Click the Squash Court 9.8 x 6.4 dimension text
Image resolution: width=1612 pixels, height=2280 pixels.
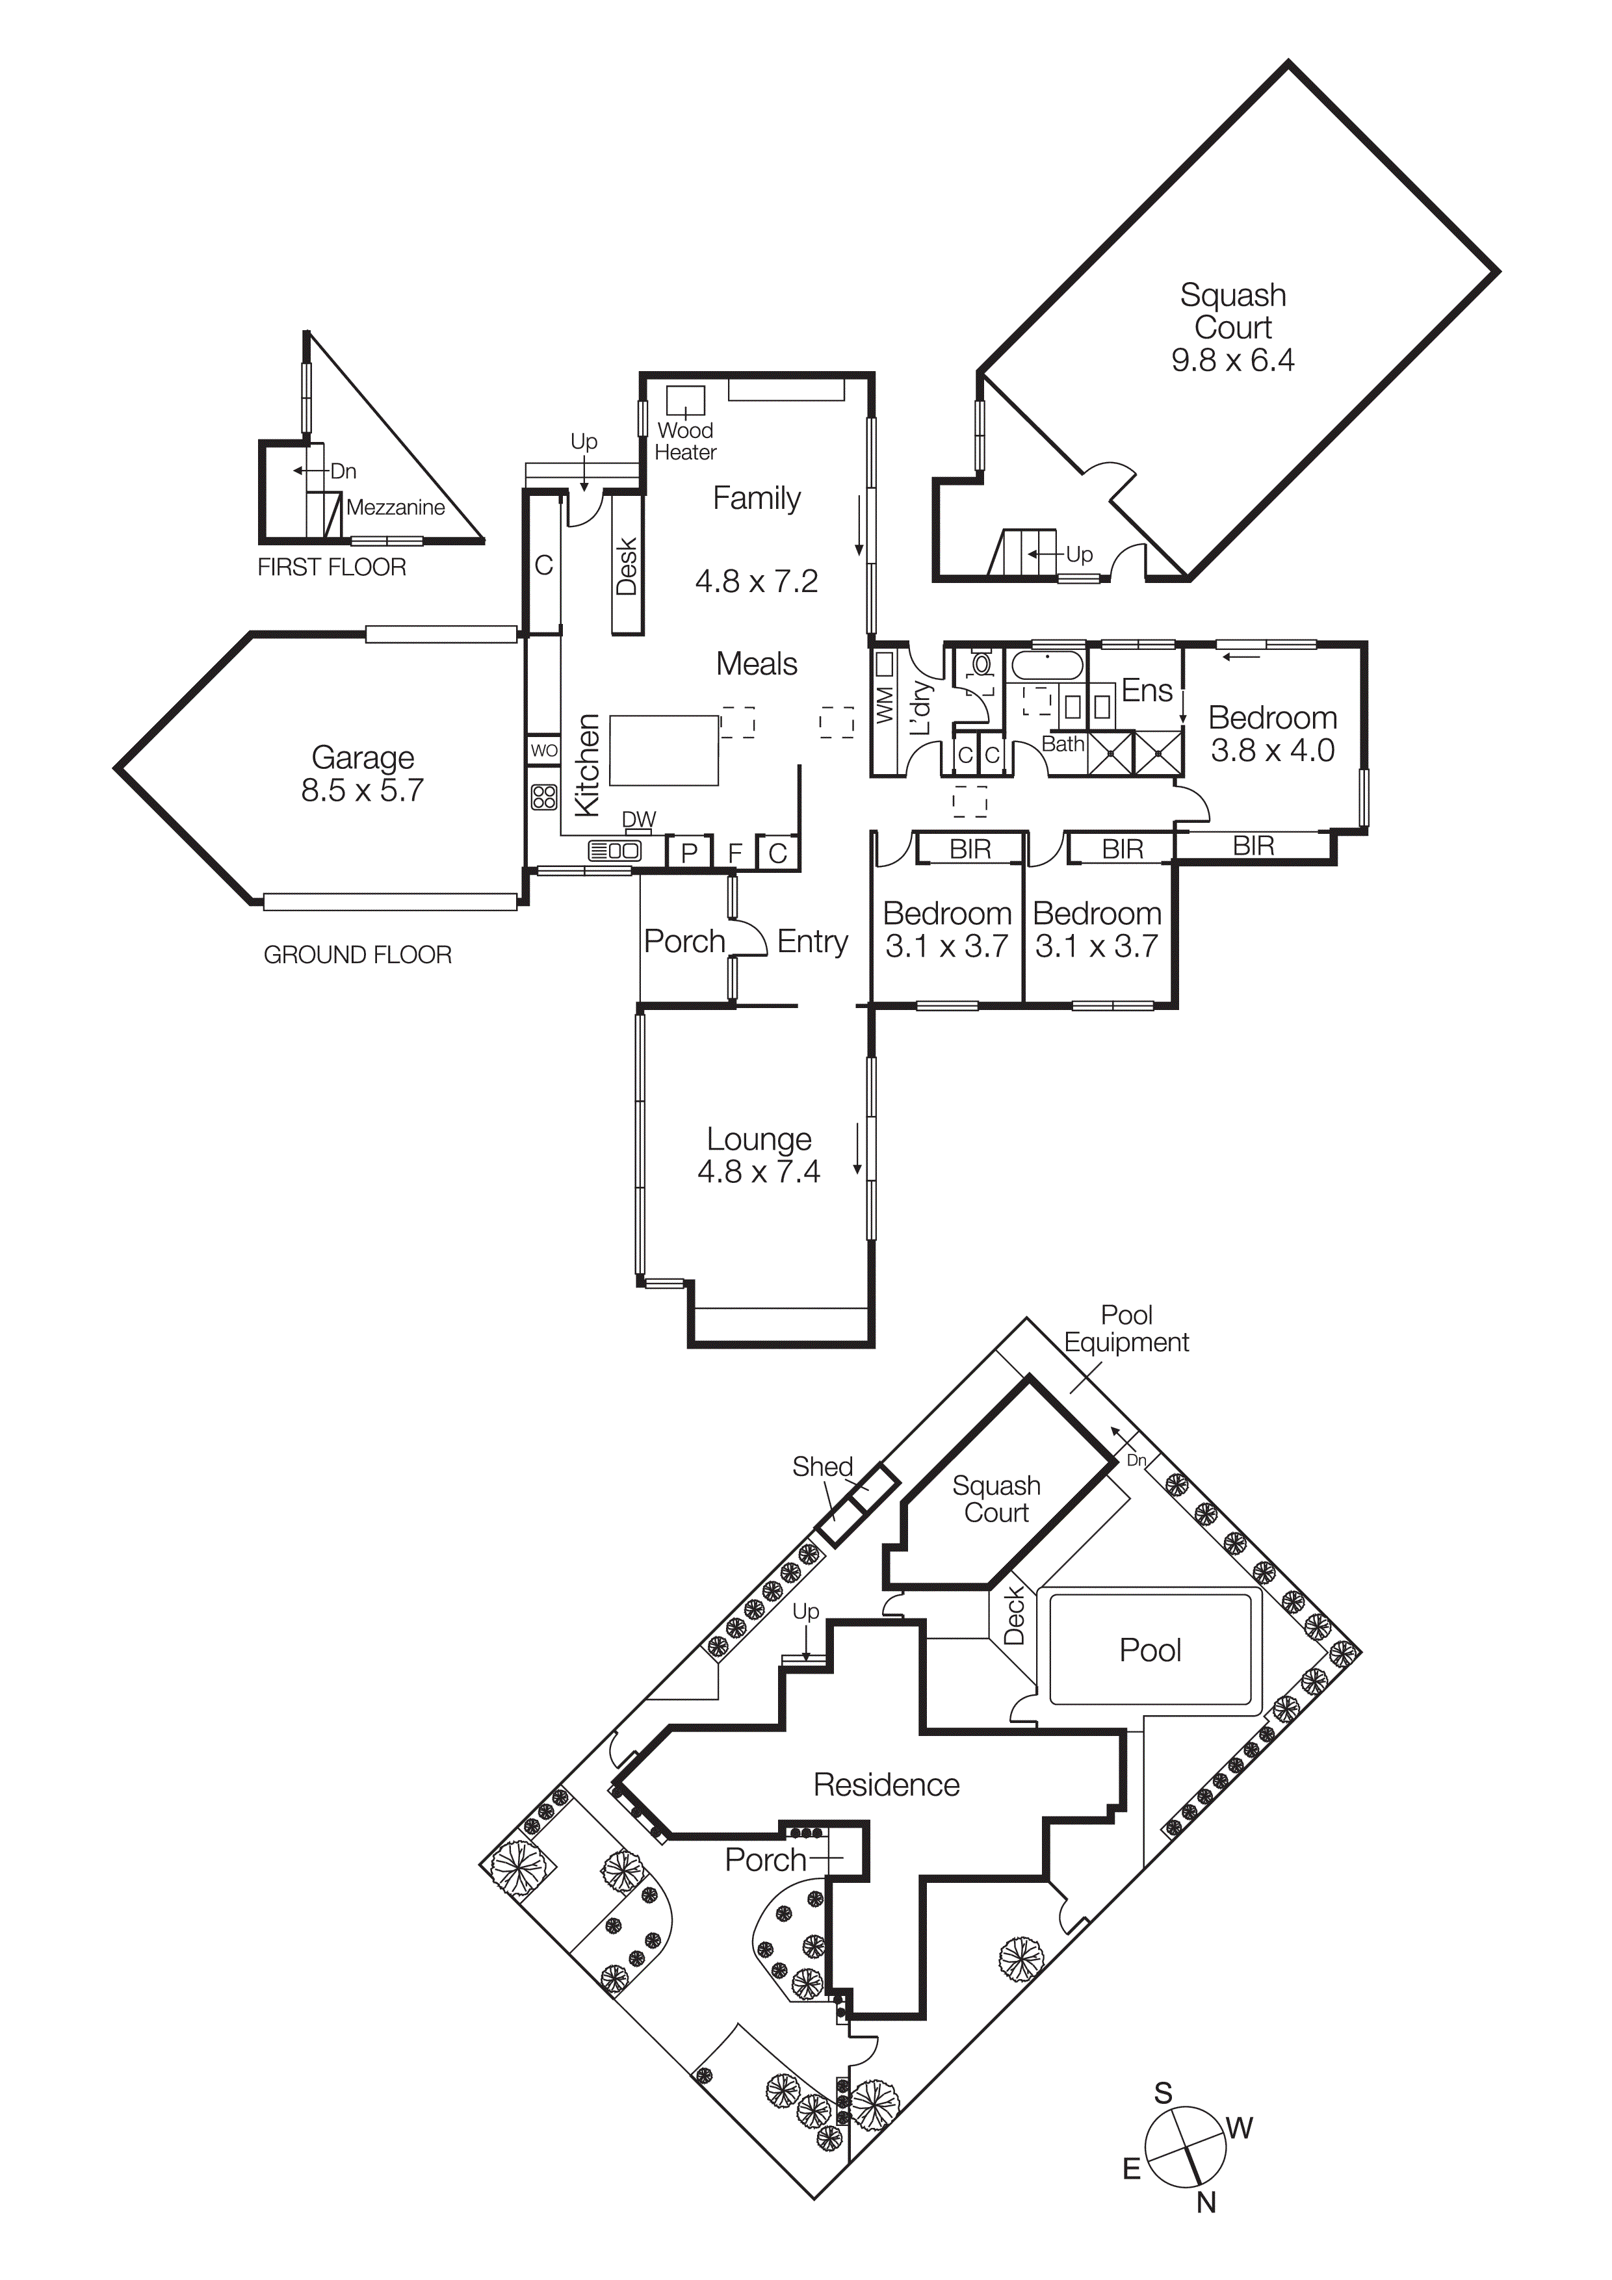pyautogui.click(x=1232, y=359)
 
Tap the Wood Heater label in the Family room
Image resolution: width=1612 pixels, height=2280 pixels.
pyautogui.click(x=684, y=441)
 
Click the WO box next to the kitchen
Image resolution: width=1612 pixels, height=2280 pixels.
pyautogui.click(x=543, y=751)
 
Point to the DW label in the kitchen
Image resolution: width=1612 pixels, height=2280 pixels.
pyautogui.click(x=639, y=819)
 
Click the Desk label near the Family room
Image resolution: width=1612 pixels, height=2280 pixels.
pyautogui.click(x=627, y=566)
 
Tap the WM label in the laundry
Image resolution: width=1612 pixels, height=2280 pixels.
pyautogui.click(x=885, y=704)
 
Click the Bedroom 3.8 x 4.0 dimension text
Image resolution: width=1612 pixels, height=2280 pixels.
pyautogui.click(x=1271, y=751)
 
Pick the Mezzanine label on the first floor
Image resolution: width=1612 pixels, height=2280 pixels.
pyautogui.click(x=395, y=508)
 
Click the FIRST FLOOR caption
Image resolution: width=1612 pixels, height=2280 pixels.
pyautogui.click(x=331, y=567)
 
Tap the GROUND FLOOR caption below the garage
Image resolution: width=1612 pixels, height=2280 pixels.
pyautogui.click(x=357, y=954)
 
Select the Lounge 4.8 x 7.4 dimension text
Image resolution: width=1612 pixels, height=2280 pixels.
pyautogui.click(x=759, y=1172)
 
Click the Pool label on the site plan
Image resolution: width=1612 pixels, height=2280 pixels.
pyautogui.click(x=1149, y=1650)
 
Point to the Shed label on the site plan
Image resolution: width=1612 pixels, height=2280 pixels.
pyautogui.click(x=822, y=1467)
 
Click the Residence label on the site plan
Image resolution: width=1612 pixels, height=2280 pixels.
pyautogui.click(x=886, y=1785)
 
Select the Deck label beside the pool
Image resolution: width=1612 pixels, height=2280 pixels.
pyautogui.click(x=1014, y=1616)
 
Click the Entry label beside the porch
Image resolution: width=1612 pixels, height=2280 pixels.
pyautogui.click(x=812, y=941)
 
